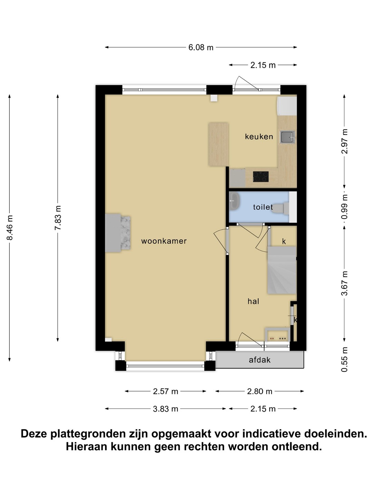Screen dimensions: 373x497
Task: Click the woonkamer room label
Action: tap(164, 241)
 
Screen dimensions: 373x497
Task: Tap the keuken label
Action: tap(259, 137)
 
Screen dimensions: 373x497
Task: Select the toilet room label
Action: tap(263, 207)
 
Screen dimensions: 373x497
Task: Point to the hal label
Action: tap(253, 301)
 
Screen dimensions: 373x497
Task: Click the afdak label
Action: tap(259, 360)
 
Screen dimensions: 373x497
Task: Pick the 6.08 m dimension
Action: tap(201, 47)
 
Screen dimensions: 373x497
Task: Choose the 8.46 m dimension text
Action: tap(10, 227)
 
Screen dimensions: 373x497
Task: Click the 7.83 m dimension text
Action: tap(58, 218)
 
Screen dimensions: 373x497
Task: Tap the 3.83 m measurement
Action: tap(165, 409)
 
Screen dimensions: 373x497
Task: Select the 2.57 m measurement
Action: tap(165, 391)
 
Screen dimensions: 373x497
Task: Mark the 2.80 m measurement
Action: tap(259, 391)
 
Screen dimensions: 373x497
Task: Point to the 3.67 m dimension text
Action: tap(344, 283)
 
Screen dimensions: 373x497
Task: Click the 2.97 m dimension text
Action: tap(344, 141)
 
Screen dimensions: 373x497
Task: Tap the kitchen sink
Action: tap(287, 137)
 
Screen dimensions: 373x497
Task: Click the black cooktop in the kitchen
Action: tap(261, 177)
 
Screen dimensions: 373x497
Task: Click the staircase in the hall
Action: tap(282, 270)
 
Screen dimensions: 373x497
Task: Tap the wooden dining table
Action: tap(218, 144)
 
